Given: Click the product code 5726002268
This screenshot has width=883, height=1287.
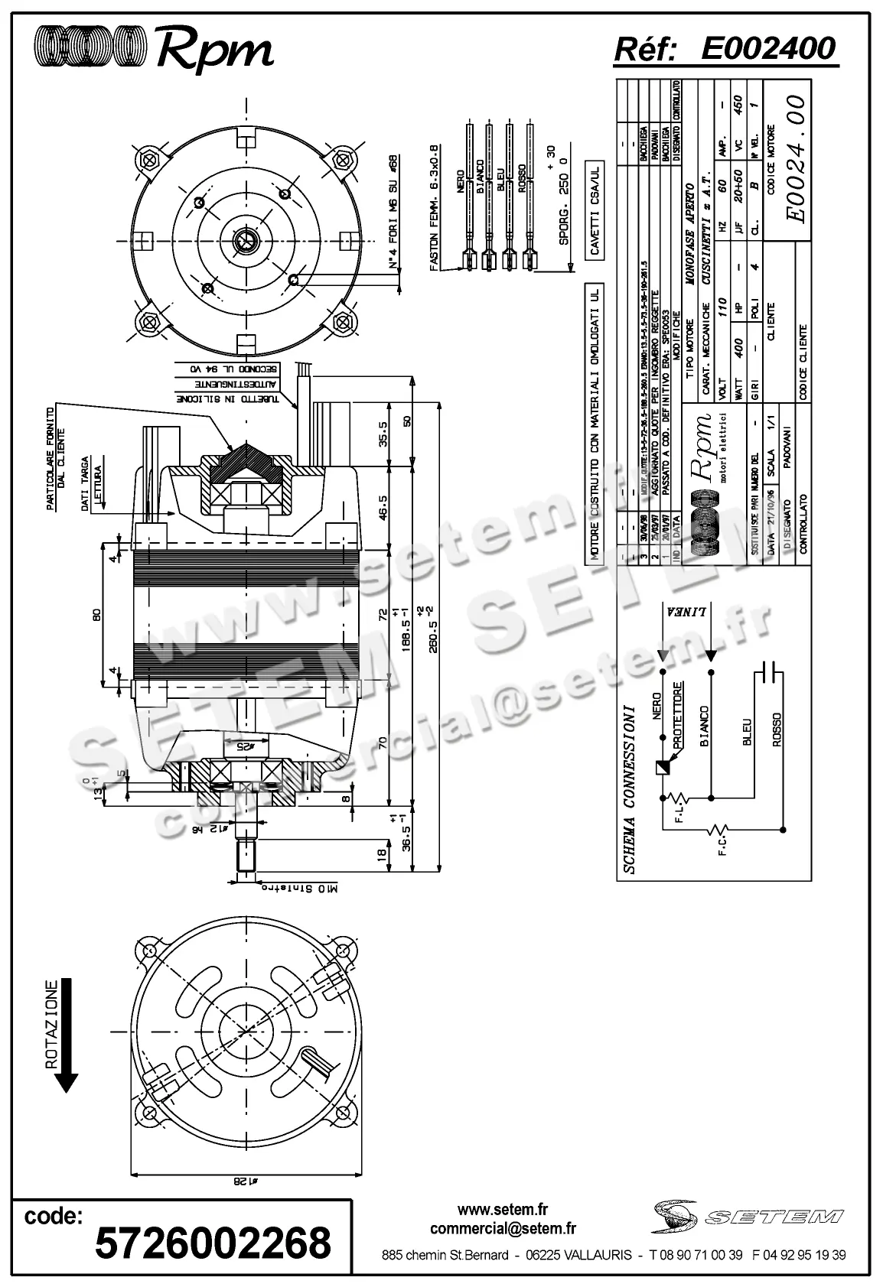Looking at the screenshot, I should [x=213, y=1242].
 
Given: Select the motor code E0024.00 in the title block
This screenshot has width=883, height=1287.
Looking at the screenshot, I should [x=796, y=158].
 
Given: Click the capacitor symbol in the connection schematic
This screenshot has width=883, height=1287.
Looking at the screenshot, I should [x=770, y=673].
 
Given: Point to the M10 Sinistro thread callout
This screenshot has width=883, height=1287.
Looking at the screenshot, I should [x=300, y=889].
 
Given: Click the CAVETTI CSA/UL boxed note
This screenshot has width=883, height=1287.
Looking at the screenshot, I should [x=594, y=208].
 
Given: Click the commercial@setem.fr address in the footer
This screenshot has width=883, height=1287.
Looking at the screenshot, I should [x=503, y=1229].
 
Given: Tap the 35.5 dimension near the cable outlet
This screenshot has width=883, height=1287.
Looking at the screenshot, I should [x=385, y=434].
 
